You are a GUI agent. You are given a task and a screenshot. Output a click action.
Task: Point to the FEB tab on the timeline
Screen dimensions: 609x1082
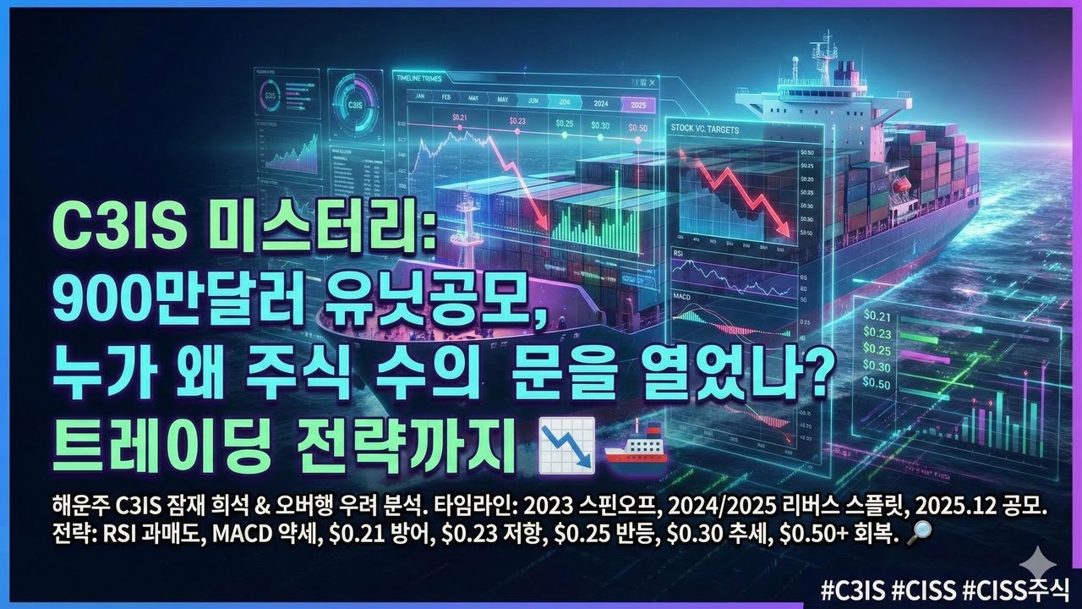coord(446,99)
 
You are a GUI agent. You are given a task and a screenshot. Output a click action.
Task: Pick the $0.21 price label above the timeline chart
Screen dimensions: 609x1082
coord(459,117)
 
